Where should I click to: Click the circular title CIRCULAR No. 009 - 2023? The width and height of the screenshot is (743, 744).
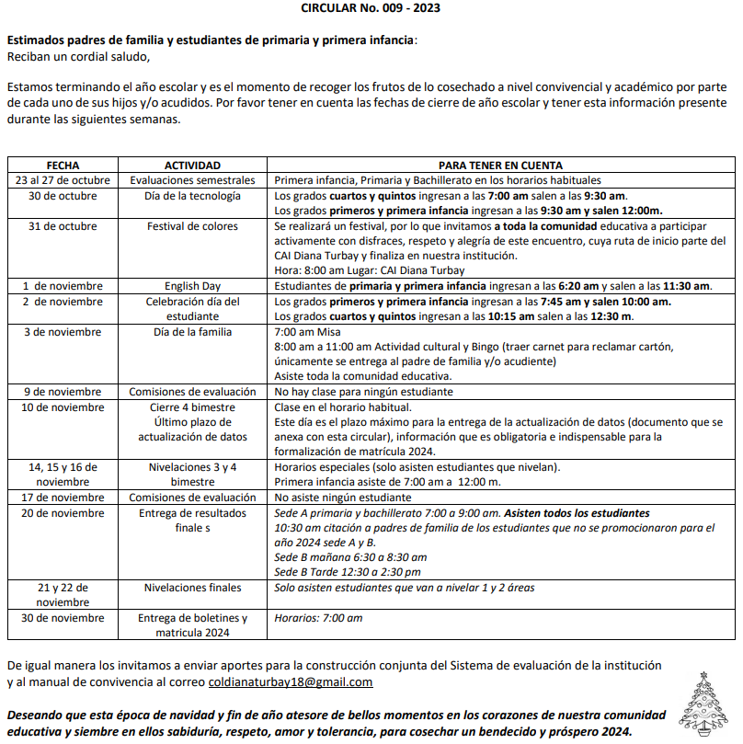(x=371, y=7)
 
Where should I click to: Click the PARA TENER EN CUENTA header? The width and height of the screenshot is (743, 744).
(x=500, y=166)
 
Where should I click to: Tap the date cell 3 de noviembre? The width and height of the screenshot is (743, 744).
(x=56, y=331)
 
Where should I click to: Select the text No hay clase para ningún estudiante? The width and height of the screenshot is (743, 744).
(x=363, y=392)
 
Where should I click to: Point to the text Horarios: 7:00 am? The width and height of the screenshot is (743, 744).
(x=318, y=617)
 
